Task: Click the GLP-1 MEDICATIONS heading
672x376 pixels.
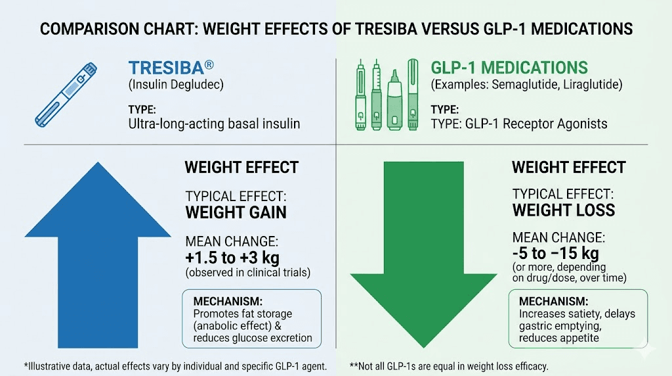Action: click(509, 68)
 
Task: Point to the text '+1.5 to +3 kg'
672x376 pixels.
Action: click(232, 257)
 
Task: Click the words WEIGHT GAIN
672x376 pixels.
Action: click(236, 213)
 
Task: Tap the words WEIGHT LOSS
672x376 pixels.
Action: click(563, 210)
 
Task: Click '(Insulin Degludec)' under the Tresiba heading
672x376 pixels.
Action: click(171, 85)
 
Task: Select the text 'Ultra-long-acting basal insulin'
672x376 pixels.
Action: click(214, 124)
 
